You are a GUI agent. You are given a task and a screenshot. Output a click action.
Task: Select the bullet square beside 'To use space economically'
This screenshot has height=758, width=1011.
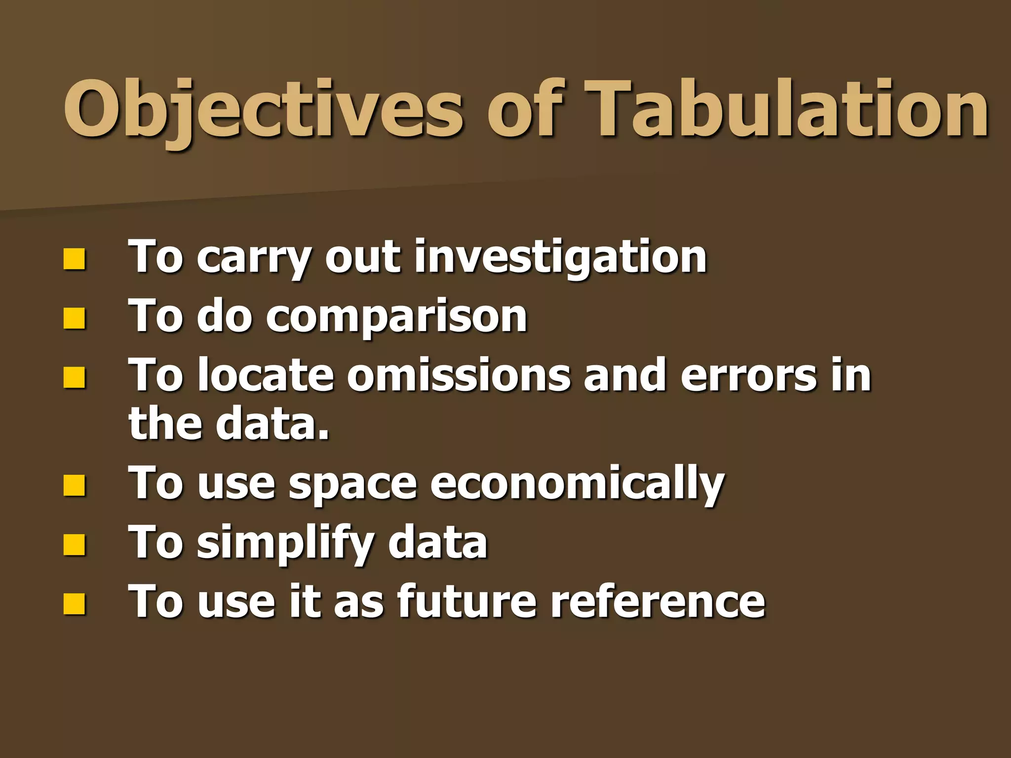pos(74,486)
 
